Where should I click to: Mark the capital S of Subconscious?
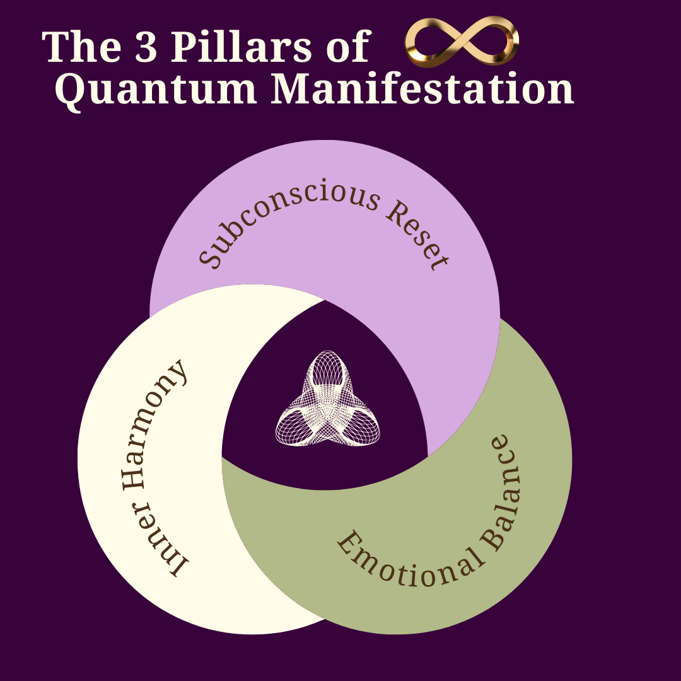(212, 256)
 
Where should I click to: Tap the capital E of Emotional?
(347, 542)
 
